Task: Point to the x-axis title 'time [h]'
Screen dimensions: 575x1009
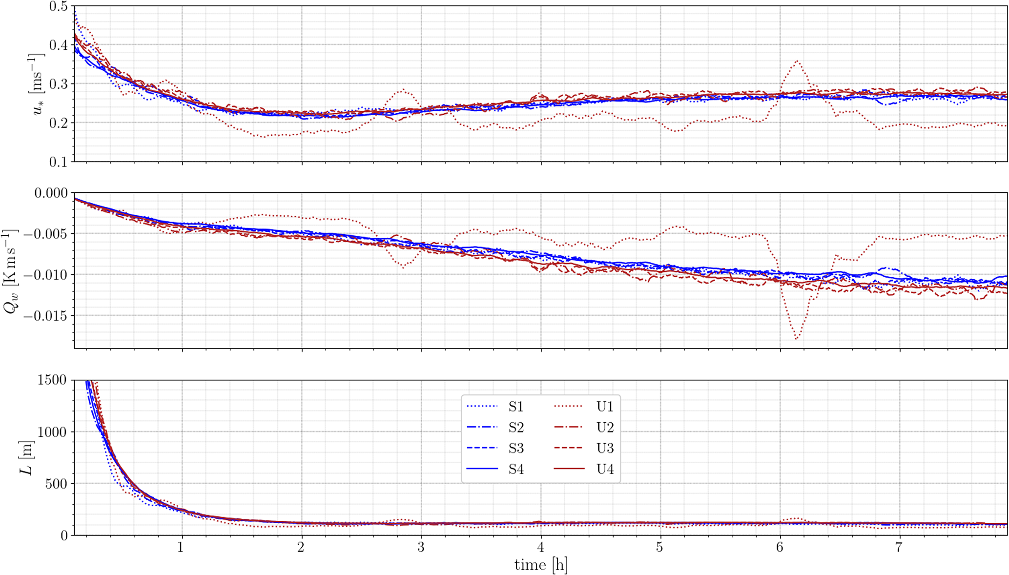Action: pyautogui.click(x=541, y=565)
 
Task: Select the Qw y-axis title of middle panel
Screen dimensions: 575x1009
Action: pyautogui.click(x=11, y=270)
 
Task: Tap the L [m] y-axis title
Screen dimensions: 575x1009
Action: pyautogui.click(x=27, y=457)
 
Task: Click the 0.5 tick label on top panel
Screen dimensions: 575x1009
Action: pyautogui.click(x=59, y=7)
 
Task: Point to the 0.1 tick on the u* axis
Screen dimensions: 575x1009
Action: pyautogui.click(x=59, y=162)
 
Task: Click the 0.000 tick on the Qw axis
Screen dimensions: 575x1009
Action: pyautogui.click(x=51, y=193)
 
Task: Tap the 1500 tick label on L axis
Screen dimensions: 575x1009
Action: pyautogui.click(x=52, y=380)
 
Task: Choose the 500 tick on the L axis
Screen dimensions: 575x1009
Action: pyautogui.click(x=57, y=484)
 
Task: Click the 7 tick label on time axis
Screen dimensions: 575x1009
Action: pyautogui.click(x=899, y=547)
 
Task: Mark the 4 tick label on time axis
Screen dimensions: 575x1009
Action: pyautogui.click(x=540, y=547)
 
